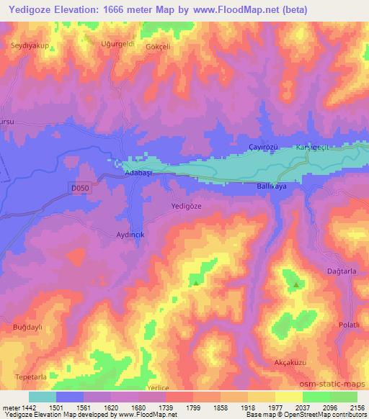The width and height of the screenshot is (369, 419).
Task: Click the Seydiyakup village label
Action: coord(28,45)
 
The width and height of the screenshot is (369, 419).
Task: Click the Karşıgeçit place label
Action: coord(312,147)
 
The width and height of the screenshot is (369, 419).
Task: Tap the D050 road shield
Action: coord(82,188)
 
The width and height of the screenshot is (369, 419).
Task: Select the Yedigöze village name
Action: coord(187,205)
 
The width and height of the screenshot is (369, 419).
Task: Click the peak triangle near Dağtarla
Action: coord(297,286)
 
